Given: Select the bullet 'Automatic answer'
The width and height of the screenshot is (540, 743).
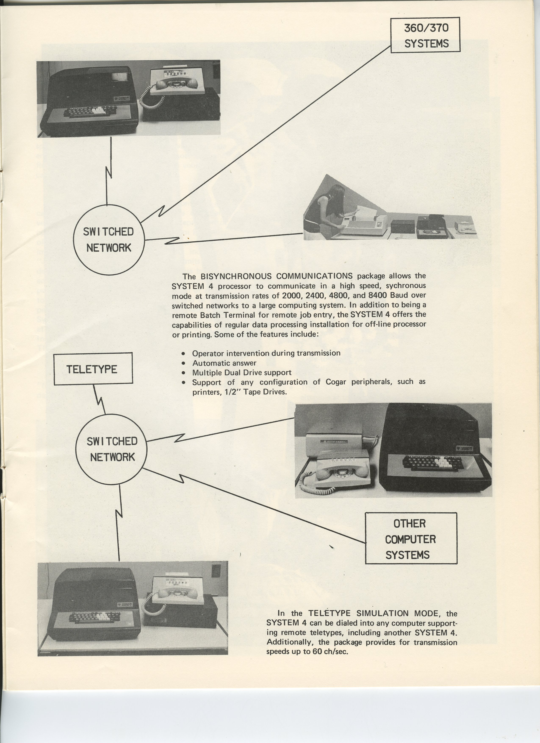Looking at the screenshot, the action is pyautogui.click(x=224, y=363).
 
